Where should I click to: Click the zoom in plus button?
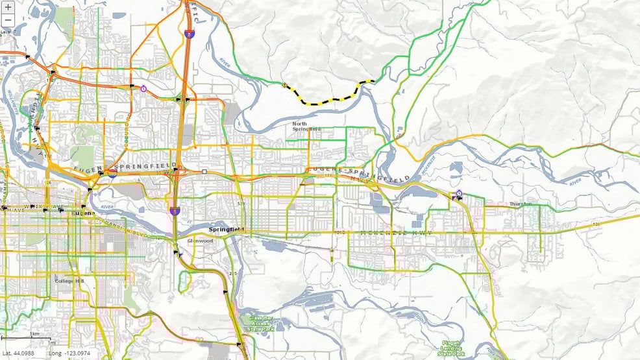coord(8,6)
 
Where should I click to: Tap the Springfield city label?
coord(225,230)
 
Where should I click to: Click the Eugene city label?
coord(83,213)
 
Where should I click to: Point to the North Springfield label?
coord(307,126)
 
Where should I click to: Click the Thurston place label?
coord(521,204)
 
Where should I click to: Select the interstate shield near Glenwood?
coord(175,211)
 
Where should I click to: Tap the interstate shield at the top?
coord(188,30)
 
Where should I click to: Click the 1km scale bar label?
coord(36,335)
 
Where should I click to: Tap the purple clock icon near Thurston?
coord(459,193)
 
